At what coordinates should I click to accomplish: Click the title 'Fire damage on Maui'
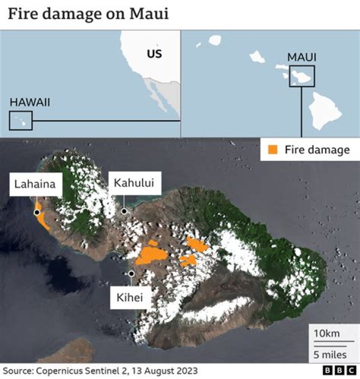[88, 13]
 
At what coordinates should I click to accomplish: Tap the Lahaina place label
[34, 184]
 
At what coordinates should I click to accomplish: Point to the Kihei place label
[129, 298]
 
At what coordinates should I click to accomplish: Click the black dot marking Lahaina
[36, 212]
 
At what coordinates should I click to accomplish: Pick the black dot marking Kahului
[124, 211]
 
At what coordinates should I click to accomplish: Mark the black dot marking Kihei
[131, 273]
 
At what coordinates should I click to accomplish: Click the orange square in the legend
[273, 149]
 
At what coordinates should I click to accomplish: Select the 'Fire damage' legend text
[317, 149]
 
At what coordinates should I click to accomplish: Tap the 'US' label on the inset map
[154, 53]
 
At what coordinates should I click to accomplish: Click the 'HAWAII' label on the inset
[30, 102]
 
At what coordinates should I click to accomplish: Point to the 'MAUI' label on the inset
[301, 57]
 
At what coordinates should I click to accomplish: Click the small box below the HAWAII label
[20, 120]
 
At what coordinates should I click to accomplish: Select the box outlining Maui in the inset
[302, 76]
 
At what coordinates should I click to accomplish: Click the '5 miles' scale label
[330, 354]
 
